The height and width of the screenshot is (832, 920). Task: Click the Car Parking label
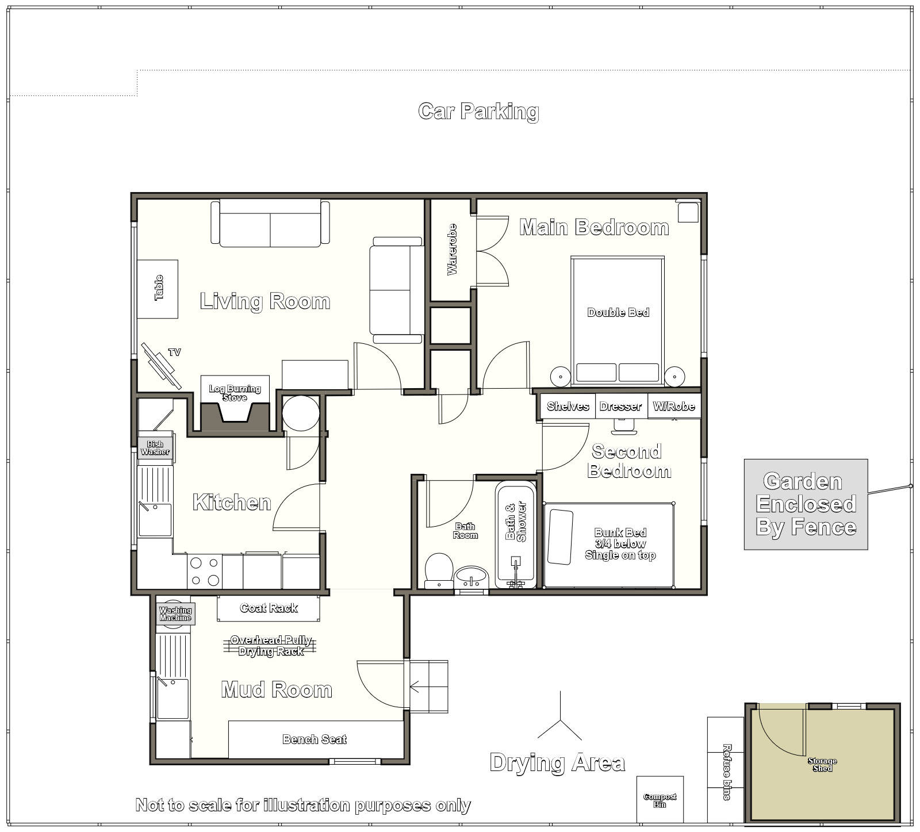478,112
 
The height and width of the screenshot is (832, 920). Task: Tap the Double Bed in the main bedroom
618,321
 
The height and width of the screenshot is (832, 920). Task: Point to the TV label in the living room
174,352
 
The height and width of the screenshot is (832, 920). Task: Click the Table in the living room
158,289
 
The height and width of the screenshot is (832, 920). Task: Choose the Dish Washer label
155,448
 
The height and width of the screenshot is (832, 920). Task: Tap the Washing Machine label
175,614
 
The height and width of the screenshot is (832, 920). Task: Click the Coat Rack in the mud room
269,608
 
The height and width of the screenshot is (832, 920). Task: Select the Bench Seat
315,739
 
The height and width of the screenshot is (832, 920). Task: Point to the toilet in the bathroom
439,570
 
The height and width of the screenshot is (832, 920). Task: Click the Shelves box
568,407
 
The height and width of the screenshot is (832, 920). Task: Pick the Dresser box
621,407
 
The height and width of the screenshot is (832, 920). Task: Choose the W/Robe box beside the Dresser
674,407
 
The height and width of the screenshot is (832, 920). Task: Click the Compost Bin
660,800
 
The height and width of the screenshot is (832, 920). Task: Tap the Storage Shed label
822,765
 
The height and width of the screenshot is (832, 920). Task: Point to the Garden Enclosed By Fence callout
806,504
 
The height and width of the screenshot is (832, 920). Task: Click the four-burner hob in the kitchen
205,572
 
